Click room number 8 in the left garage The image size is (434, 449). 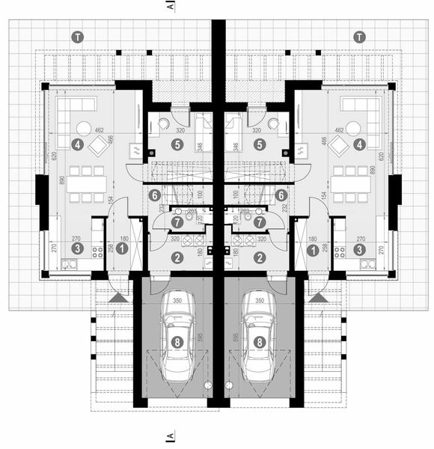coord(176,341)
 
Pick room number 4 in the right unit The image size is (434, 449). coord(359,144)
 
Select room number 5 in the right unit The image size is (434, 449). coord(260,144)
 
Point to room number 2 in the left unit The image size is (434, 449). coord(177,257)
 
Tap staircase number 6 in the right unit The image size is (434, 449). coord(281,195)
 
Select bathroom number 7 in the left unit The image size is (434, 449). coord(177,222)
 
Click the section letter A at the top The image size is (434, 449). coord(171,6)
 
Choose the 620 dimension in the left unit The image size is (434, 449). coord(43,157)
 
